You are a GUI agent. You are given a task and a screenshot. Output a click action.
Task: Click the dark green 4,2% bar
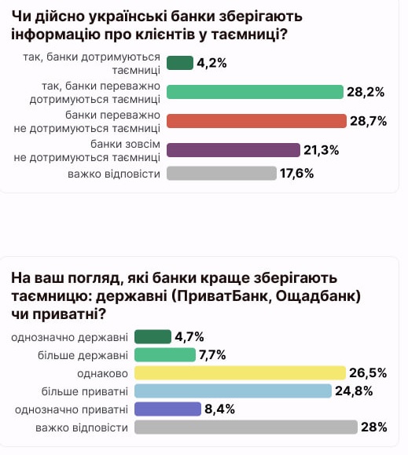(180, 63)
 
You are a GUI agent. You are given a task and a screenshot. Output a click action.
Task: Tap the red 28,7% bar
(256, 121)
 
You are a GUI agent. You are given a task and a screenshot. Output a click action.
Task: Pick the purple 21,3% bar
(233, 150)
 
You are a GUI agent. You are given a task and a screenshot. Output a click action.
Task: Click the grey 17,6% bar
(222, 174)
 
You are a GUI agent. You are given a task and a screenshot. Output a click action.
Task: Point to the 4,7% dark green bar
(153, 337)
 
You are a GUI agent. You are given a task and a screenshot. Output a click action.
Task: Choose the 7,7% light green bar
(164, 354)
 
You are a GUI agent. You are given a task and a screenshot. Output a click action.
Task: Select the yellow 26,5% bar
(241, 372)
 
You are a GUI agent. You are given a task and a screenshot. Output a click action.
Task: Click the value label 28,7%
(368, 121)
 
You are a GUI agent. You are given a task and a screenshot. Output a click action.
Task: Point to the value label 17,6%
(297, 174)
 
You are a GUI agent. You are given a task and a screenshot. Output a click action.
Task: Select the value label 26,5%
(368, 372)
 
